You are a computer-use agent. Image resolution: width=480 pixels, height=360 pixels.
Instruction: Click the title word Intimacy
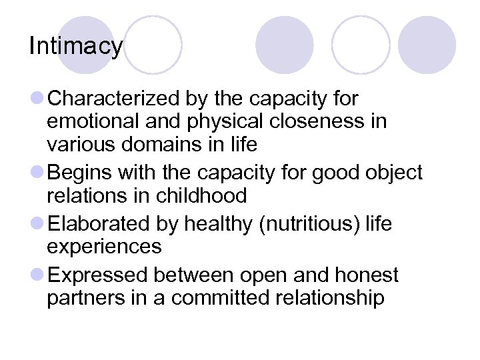[x=76, y=47]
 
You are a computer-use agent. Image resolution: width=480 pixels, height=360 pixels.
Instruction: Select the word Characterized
[x=112, y=99]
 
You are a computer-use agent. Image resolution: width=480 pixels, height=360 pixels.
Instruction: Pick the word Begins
[x=81, y=173]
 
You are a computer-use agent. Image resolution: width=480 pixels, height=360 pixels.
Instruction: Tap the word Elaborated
[x=104, y=224]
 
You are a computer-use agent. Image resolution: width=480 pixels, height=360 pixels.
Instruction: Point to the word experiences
[x=104, y=247]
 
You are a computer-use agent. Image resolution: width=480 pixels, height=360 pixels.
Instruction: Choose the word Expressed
[x=100, y=275]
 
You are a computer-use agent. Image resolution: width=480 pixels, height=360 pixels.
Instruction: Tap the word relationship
[x=331, y=298]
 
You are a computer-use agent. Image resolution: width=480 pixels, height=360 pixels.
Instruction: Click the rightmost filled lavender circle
[x=427, y=45]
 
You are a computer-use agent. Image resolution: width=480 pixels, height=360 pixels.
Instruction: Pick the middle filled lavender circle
[x=284, y=45]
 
